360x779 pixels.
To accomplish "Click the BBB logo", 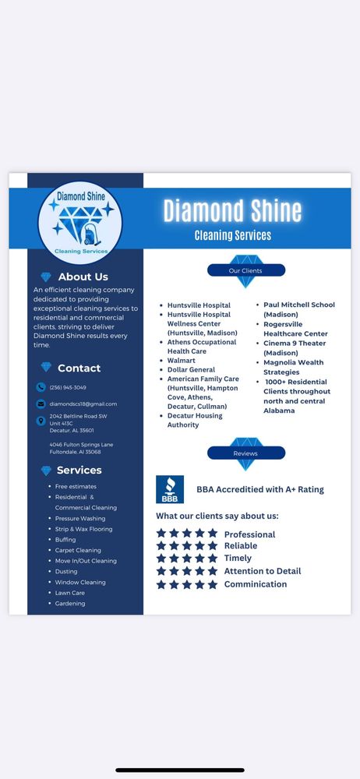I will coord(170,489).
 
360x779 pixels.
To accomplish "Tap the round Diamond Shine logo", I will coord(80,222).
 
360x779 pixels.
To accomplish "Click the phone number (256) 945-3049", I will coord(68,387).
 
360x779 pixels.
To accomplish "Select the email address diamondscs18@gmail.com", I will coord(83,404).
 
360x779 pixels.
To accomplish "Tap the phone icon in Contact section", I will coord(41,387).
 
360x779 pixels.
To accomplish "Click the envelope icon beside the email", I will coord(41,404).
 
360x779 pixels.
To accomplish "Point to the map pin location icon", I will coord(41,421).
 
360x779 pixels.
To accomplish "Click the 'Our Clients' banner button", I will coord(245,270).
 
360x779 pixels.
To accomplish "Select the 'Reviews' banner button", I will coord(245,453).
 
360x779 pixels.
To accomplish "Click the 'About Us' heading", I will coord(83,277).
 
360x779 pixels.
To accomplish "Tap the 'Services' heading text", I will coord(79,471).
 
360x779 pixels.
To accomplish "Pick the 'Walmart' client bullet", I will coord(182,361).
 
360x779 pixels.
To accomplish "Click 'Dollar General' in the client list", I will coord(191,370).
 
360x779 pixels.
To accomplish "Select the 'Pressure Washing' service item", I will coord(80,518).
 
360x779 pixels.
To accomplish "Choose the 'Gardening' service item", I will coord(70,603).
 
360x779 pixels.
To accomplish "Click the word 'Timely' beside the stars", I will coord(238,558).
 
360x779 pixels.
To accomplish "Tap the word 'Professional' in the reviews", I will coord(249,534).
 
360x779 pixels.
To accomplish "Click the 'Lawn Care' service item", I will coord(70,593).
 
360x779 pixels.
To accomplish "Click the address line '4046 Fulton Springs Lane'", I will coord(81,444).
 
